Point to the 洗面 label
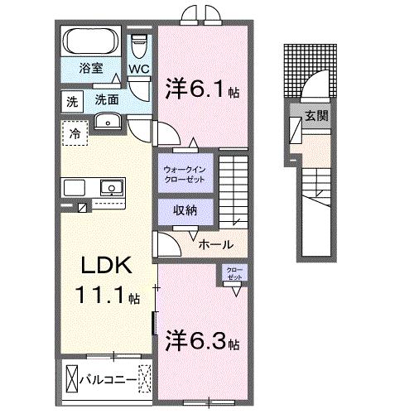(x=105, y=99)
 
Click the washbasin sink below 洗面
(x=108, y=123)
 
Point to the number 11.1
(x=98, y=296)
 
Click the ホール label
(x=215, y=244)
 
